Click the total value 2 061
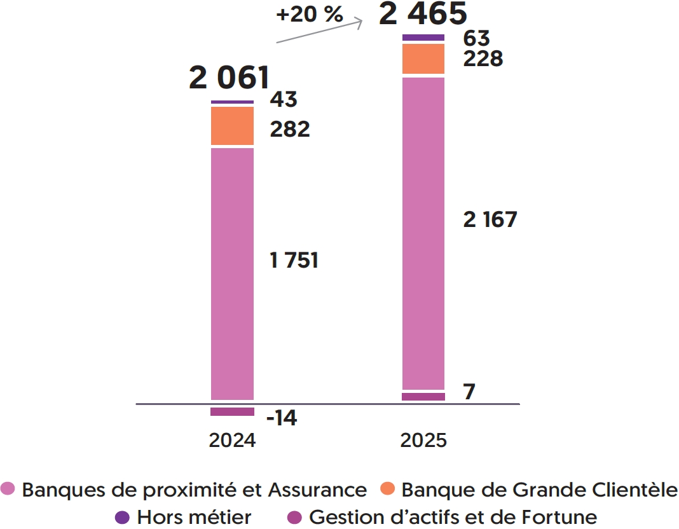229,78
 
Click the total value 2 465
423,14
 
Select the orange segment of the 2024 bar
232,126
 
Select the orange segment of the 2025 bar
423,58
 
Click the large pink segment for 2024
232,273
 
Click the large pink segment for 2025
423,233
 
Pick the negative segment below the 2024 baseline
232,411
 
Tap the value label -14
282,418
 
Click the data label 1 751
294,261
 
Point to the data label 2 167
490,220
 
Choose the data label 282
290,129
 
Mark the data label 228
483,59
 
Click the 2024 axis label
232,441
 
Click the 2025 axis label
423,441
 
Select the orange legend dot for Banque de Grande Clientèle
389,489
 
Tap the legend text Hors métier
194,517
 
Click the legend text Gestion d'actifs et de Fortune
453,517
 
